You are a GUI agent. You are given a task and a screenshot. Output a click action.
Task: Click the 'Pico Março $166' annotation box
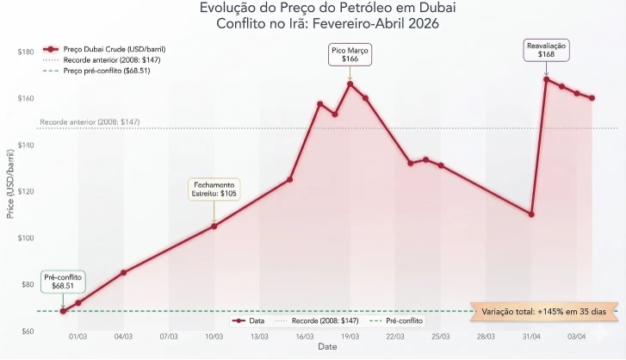click(350, 55)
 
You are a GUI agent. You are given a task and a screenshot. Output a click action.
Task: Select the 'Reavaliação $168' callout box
click(546, 49)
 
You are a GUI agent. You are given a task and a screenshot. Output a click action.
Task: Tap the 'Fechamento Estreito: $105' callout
click(214, 189)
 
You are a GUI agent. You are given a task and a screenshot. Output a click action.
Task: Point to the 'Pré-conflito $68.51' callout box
click(63, 281)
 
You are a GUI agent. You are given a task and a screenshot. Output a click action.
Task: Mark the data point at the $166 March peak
click(350, 84)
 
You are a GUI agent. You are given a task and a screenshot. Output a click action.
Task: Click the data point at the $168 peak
click(546, 79)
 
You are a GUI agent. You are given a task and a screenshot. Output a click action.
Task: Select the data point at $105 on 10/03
click(214, 226)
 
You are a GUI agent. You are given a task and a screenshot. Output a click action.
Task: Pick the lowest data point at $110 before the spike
click(531, 214)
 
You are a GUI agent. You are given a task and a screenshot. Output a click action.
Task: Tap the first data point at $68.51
click(63, 311)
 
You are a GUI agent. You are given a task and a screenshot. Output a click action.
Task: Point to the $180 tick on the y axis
click(25, 52)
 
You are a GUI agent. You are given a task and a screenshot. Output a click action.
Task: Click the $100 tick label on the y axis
click(25, 238)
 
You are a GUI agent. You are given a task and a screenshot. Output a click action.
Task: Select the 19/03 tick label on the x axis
click(350, 337)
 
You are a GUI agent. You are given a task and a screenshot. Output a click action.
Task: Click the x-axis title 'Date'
click(327, 347)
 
